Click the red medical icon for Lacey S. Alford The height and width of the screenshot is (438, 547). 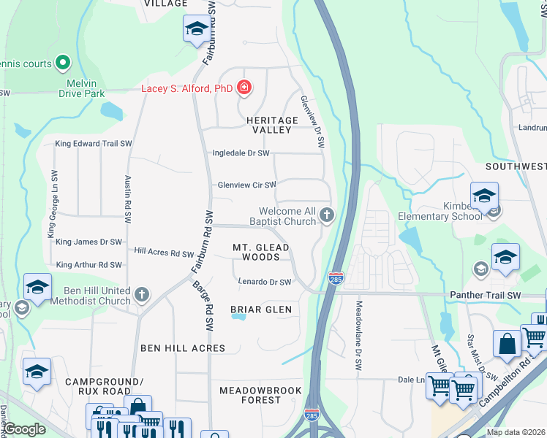244,89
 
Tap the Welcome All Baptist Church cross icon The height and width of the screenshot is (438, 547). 327,215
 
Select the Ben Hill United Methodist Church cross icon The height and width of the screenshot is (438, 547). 142,295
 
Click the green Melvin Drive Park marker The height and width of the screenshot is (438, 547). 63,64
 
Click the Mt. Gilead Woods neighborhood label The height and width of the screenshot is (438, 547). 261,252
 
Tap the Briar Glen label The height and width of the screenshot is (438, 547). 261,310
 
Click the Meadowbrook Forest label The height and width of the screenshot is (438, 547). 261,395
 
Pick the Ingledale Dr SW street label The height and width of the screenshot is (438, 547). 241,153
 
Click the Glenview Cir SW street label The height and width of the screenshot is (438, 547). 246,185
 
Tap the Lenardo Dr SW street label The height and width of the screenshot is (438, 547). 265,282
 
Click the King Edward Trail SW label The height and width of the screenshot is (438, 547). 93,144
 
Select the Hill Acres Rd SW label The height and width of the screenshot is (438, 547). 164,252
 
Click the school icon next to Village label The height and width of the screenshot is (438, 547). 195,28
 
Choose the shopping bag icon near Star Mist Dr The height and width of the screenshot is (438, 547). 506,342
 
